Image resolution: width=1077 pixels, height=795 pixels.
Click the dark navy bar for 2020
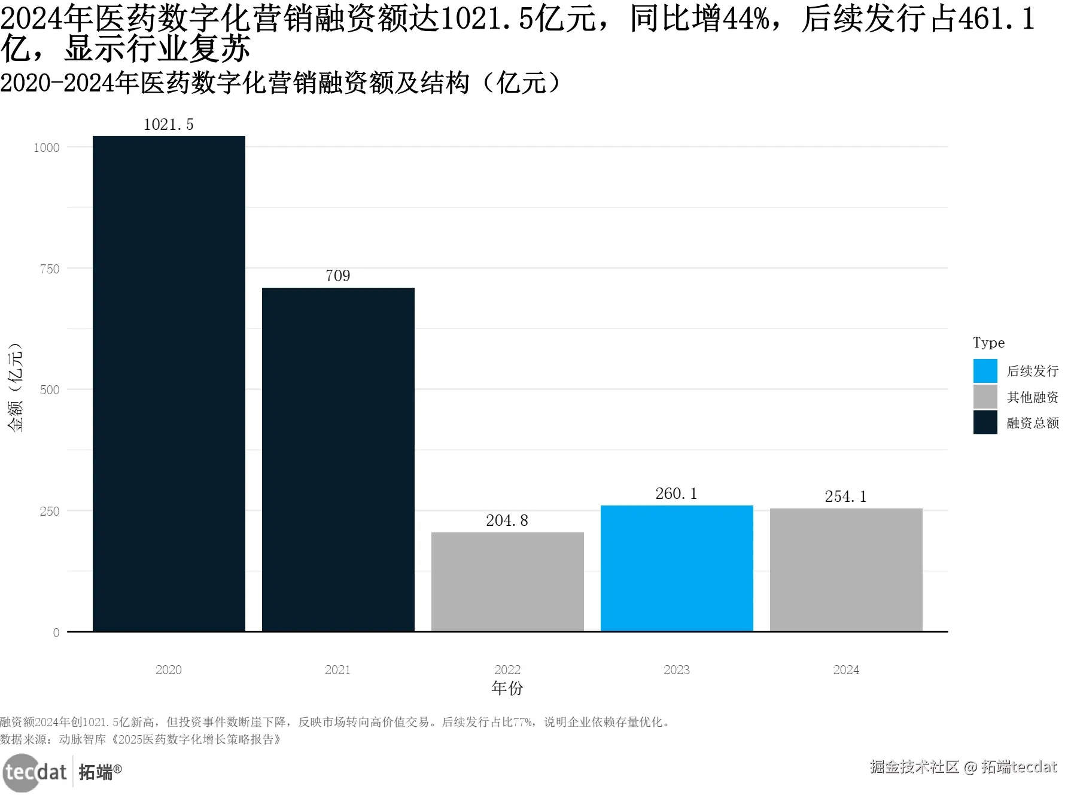click(x=169, y=383)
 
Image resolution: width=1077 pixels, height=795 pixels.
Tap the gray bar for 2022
click(x=507, y=581)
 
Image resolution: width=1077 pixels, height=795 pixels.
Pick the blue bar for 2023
click(x=677, y=568)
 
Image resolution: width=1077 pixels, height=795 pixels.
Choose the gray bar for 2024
click(x=846, y=569)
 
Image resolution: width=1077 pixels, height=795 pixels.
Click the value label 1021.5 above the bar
click(x=169, y=124)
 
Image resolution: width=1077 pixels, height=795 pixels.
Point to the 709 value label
click(x=338, y=276)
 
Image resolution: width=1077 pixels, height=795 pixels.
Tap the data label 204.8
click(x=507, y=520)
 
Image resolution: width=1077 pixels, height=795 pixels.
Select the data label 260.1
click(x=677, y=494)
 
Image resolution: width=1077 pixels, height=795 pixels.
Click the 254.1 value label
click(x=846, y=497)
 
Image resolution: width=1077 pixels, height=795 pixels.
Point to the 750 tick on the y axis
click(x=50, y=269)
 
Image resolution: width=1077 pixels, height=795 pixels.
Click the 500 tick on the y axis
click(x=50, y=390)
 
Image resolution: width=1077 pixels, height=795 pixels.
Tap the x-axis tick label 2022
click(x=507, y=670)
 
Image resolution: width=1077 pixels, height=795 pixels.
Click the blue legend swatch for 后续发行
click(x=985, y=371)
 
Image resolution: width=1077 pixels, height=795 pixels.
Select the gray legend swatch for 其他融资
click(x=985, y=397)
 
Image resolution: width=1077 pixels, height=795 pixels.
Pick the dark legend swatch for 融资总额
click(x=985, y=422)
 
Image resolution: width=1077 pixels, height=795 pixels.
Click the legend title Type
click(x=988, y=343)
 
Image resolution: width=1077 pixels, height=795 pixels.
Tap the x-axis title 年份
click(x=507, y=688)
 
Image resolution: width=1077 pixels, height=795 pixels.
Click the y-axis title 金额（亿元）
click(x=15, y=387)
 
